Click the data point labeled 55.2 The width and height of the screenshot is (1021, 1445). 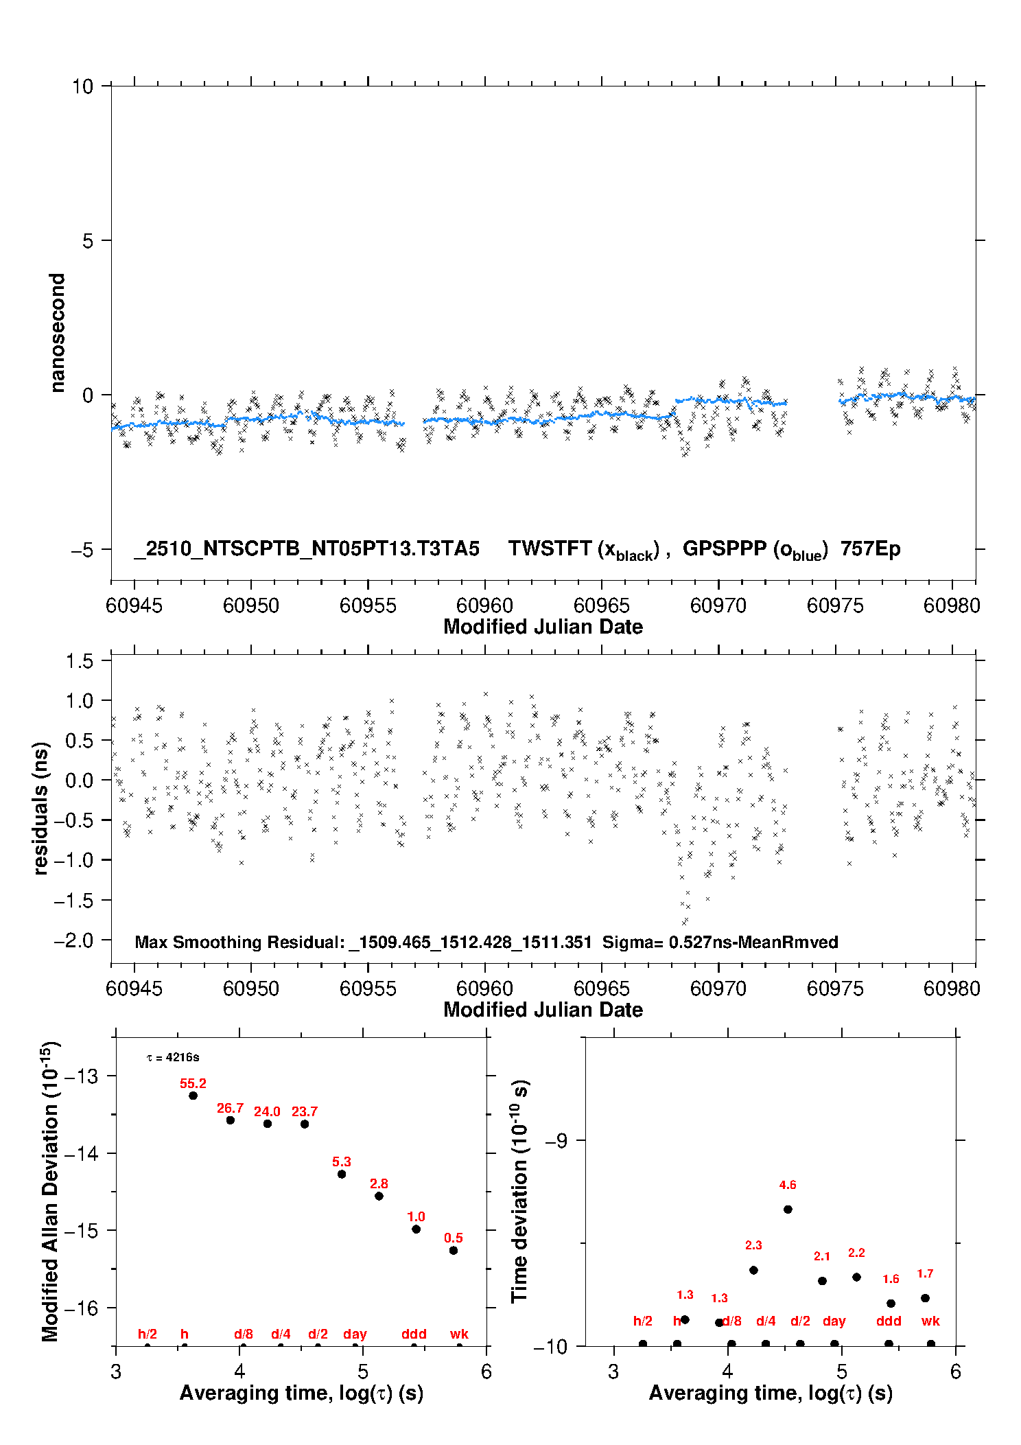click(x=193, y=1096)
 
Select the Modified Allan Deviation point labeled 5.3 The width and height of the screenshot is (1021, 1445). click(x=342, y=1174)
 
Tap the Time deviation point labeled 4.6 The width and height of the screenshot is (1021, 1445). click(x=788, y=1210)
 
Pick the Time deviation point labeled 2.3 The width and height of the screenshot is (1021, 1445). click(x=753, y=1270)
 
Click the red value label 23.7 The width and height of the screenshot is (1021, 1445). click(x=305, y=1111)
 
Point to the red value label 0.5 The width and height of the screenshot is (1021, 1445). click(x=454, y=1238)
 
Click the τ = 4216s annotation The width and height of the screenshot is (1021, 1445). click(x=173, y=1058)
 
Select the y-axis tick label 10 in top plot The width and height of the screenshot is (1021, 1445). click(x=82, y=86)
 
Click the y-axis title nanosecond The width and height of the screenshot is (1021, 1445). click(x=58, y=332)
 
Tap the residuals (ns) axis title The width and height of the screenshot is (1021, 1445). click(x=41, y=808)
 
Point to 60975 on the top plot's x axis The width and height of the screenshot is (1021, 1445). click(x=835, y=605)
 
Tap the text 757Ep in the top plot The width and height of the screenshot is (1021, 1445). click(x=870, y=548)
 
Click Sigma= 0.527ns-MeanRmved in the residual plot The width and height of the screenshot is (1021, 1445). click(x=720, y=942)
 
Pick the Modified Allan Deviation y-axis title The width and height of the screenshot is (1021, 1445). click(x=50, y=1192)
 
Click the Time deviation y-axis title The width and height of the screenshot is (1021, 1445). click(x=519, y=1192)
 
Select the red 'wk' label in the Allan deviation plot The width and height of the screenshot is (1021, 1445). click(x=459, y=1334)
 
